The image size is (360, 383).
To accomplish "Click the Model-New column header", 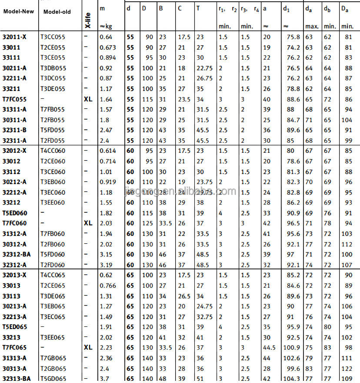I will point(19,12).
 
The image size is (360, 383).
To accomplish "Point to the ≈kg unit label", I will point(106,27).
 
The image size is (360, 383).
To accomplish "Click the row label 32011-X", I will point(14,37).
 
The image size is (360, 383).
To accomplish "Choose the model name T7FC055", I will point(14,99).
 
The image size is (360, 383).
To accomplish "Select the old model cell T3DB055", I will point(53,68).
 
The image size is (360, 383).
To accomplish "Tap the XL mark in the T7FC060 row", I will point(88,223).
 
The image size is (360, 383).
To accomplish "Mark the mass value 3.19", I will point(106,265).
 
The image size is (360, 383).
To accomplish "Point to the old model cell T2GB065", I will point(53,369).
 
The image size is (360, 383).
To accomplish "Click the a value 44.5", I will point(269,348).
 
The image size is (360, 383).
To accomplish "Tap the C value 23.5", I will point(184,99).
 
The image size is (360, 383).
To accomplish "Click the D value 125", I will point(147,223).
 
